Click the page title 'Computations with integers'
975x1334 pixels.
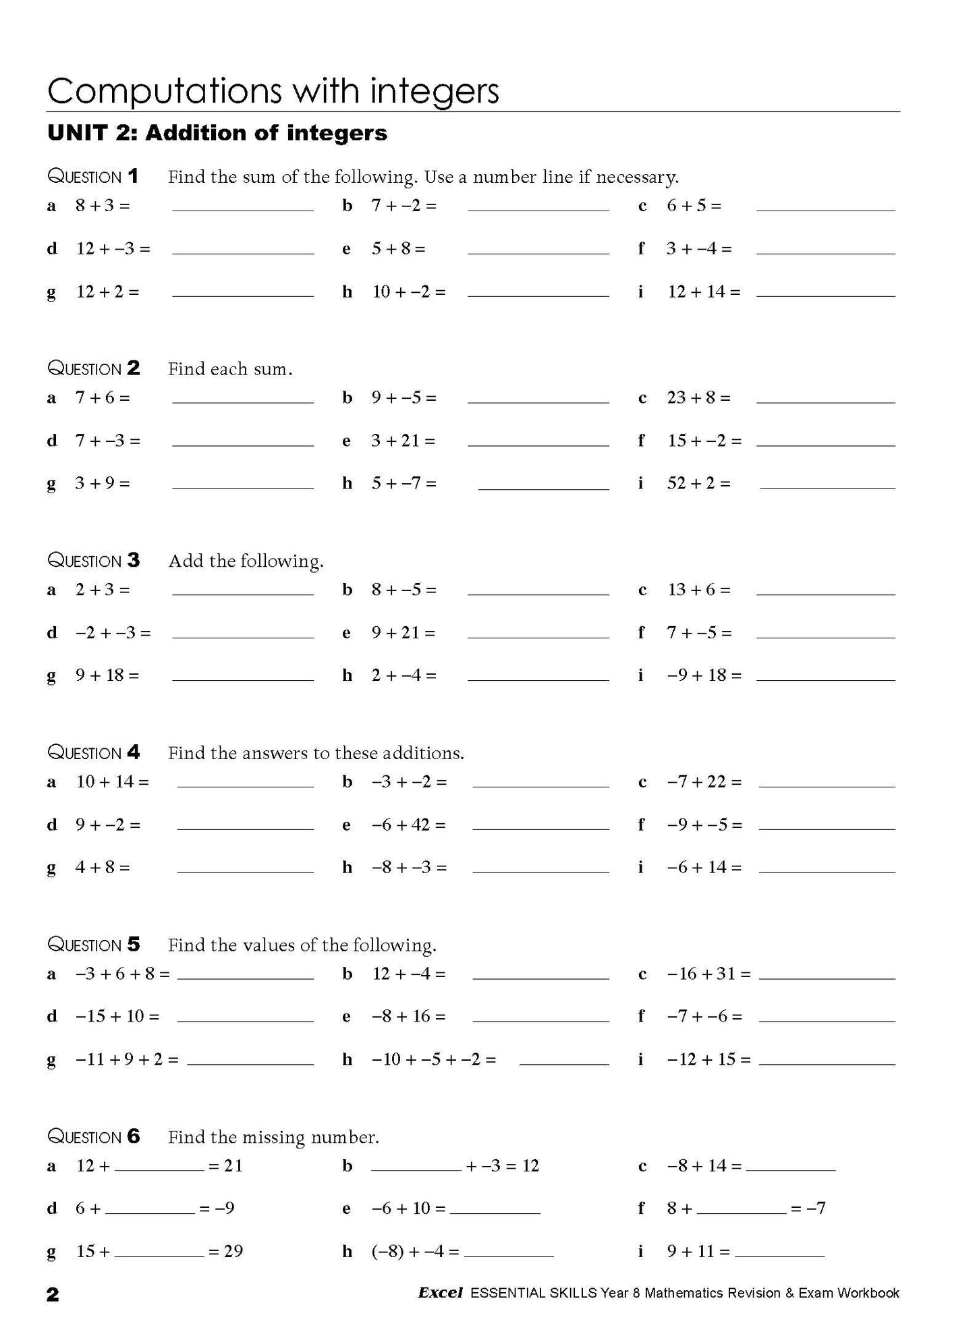point(273,91)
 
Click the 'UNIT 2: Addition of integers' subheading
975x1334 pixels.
point(217,133)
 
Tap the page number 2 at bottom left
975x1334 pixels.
point(53,1294)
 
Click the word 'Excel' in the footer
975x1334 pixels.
point(440,1293)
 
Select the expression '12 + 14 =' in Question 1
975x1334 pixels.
point(704,291)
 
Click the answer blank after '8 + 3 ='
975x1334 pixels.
point(243,206)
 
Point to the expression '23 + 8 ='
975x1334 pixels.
point(698,397)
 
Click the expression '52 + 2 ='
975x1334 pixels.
point(698,483)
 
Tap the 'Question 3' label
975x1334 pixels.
point(94,561)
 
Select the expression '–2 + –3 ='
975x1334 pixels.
point(113,633)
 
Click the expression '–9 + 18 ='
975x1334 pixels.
point(704,675)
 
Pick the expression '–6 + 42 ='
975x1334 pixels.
point(408,825)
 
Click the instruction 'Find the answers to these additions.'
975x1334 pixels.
point(316,753)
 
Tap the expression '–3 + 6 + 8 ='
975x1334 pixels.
point(122,974)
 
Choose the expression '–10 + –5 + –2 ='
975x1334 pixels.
point(434,1059)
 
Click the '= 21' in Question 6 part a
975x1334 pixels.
point(225,1166)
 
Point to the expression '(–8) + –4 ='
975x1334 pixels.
point(415,1252)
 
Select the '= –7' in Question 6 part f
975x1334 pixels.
point(808,1208)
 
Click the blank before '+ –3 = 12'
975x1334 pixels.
point(416,1167)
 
